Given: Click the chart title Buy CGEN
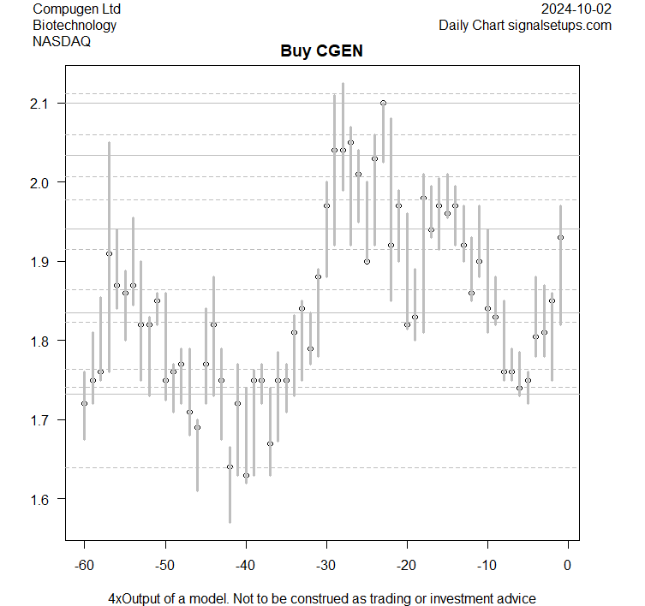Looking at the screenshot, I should [321, 51].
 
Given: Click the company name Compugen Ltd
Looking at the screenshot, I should [76, 9].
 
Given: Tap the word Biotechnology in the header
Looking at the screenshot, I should [75, 25].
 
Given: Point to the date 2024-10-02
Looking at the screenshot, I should [577, 9].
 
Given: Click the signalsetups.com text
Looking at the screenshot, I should [561, 25].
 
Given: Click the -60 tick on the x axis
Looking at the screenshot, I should [84, 565].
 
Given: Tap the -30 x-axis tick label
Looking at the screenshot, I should [325, 565].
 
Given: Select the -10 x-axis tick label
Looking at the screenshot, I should [487, 565].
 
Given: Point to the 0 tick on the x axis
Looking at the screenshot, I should [567, 565].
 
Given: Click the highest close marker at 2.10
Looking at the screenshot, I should [383, 103].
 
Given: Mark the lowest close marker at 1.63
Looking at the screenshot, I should [246, 475].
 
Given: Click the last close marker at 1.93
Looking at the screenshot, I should [560, 237].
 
